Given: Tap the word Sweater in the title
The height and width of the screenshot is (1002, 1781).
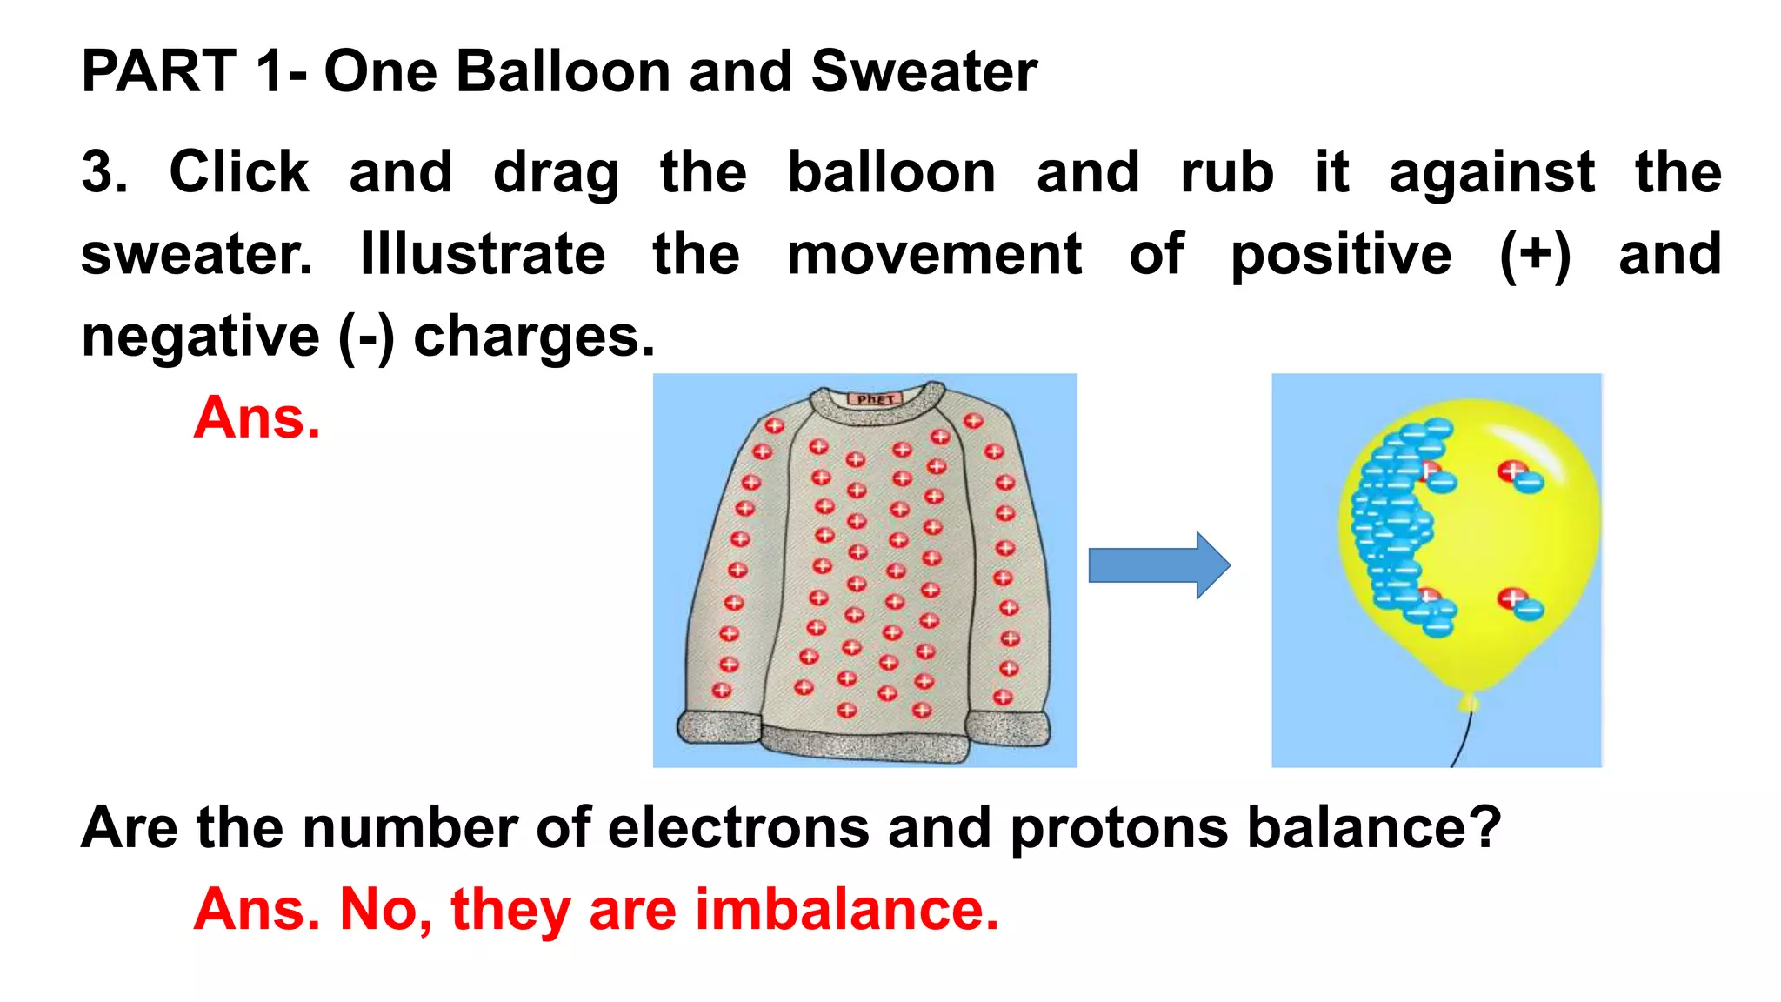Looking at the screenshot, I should coord(924,71).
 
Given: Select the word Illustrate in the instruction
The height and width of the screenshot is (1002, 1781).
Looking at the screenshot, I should coord(483,254).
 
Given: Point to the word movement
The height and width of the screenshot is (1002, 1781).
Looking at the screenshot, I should coord(934,254).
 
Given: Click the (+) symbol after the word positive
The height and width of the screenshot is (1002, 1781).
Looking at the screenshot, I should coord(1535,256).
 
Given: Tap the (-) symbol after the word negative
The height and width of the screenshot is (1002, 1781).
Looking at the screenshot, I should coord(365,337).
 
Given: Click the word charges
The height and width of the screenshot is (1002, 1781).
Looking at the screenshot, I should coord(532,337).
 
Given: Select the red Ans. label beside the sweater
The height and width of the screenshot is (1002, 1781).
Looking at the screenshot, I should coord(257,418).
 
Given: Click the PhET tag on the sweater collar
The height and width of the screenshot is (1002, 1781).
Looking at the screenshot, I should coord(875,399).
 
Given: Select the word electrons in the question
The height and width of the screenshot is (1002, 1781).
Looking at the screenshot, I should coord(737,827).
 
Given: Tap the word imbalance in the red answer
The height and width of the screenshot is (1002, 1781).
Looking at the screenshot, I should coord(846,910).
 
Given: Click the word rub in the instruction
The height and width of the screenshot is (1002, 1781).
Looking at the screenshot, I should coord(1226,172).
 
